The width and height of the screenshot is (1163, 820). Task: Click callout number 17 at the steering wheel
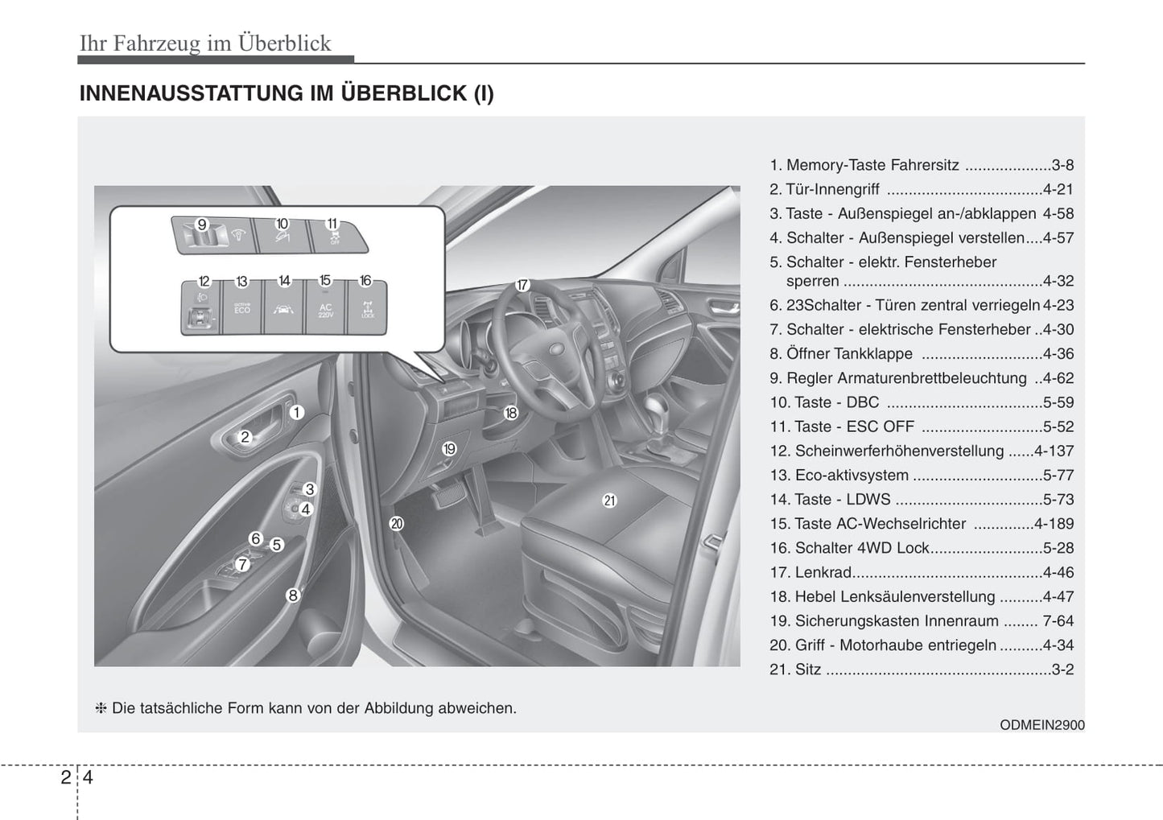pos(522,285)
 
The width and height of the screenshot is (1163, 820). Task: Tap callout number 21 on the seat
pos(609,501)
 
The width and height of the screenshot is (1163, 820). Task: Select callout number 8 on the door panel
pos(293,595)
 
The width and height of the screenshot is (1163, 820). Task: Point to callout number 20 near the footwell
pos(396,524)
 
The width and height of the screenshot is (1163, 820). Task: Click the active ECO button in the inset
pos(242,309)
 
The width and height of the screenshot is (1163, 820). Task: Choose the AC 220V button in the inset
pos(325,310)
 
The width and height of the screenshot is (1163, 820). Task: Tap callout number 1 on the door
pos(296,413)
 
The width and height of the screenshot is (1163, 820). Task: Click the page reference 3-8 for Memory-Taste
pos(1062,165)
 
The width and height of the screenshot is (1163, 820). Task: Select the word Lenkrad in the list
pos(823,572)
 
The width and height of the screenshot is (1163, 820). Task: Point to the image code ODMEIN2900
pos(1041,725)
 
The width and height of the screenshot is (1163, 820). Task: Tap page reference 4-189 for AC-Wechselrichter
pos(1054,524)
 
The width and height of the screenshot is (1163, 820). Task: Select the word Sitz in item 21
pos(807,670)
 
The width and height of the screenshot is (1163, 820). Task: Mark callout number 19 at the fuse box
pos(449,449)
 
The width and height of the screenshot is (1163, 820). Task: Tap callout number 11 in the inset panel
pos(332,224)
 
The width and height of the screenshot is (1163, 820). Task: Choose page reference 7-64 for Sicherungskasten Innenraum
pos(1058,621)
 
